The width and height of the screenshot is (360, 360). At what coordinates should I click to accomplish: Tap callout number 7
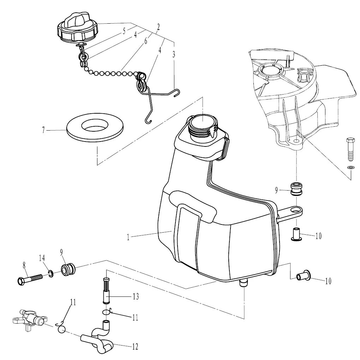point(43,130)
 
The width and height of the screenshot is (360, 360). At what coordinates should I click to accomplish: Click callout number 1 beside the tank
point(128,237)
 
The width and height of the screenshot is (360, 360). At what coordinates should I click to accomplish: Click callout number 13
point(136,296)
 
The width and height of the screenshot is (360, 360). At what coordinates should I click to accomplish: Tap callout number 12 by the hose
point(135,346)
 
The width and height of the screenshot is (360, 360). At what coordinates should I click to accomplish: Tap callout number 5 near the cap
point(124,31)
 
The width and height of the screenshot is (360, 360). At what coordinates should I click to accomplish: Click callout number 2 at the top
point(158,27)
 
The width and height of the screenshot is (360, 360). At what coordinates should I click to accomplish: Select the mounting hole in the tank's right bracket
point(294,211)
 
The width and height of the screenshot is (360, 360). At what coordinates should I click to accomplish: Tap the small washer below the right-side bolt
point(350,167)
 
